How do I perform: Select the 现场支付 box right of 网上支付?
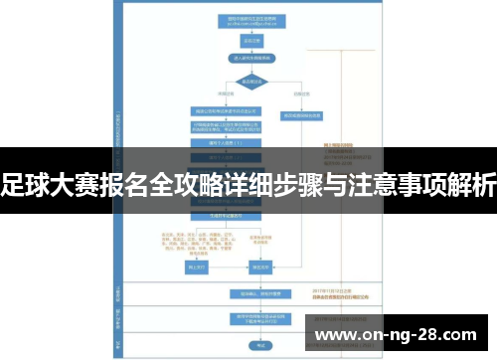(260, 267)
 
